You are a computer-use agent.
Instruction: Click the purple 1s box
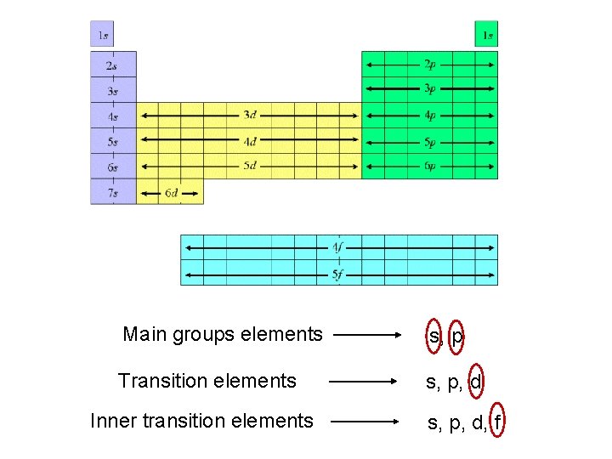click(x=102, y=35)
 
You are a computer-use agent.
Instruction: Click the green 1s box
click(x=486, y=35)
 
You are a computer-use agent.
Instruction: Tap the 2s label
click(x=112, y=65)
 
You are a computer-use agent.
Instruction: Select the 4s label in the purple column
click(x=112, y=116)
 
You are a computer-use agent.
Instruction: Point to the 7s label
click(x=112, y=193)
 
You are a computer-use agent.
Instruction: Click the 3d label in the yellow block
click(x=250, y=115)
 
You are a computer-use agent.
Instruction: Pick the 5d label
click(x=250, y=166)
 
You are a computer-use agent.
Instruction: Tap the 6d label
click(x=171, y=193)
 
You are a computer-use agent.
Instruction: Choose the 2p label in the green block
click(x=430, y=64)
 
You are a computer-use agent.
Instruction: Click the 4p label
click(x=430, y=116)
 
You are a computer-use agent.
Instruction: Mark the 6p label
click(x=430, y=167)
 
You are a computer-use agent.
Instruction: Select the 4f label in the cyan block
click(x=338, y=247)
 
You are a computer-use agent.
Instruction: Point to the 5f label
click(x=338, y=274)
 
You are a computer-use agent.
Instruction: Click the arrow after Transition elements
click(x=362, y=382)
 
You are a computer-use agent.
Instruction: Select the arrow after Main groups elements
click(x=365, y=336)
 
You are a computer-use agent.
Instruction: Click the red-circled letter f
click(x=498, y=422)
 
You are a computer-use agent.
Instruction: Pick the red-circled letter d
click(x=475, y=382)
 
